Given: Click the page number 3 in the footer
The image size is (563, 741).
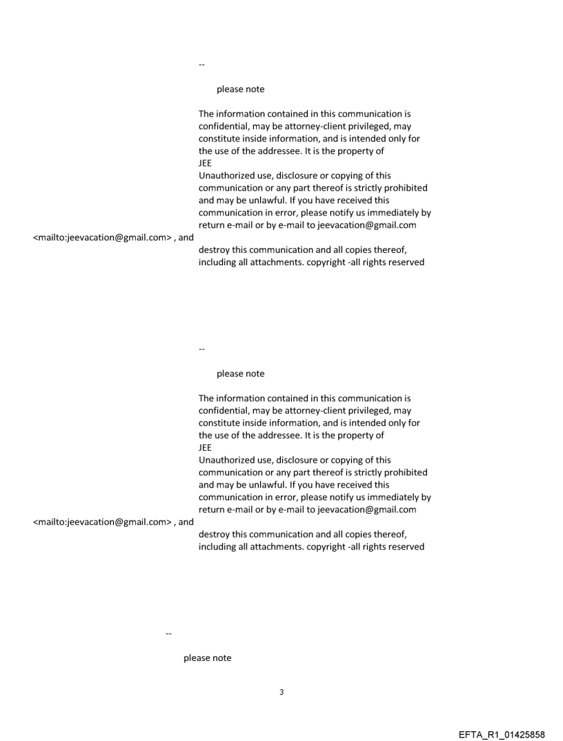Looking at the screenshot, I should [281, 692].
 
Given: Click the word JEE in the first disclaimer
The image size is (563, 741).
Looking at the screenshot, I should [205, 164].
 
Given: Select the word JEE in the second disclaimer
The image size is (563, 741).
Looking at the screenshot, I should [205, 448].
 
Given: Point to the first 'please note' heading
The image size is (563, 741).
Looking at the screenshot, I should [240, 89].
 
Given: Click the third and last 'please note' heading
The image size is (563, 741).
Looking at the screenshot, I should [207, 658].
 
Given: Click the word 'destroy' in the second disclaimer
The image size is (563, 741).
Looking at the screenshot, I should [214, 535].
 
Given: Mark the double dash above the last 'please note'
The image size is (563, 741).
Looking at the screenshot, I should [169, 633].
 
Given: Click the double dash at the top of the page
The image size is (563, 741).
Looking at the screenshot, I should [201, 65].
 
